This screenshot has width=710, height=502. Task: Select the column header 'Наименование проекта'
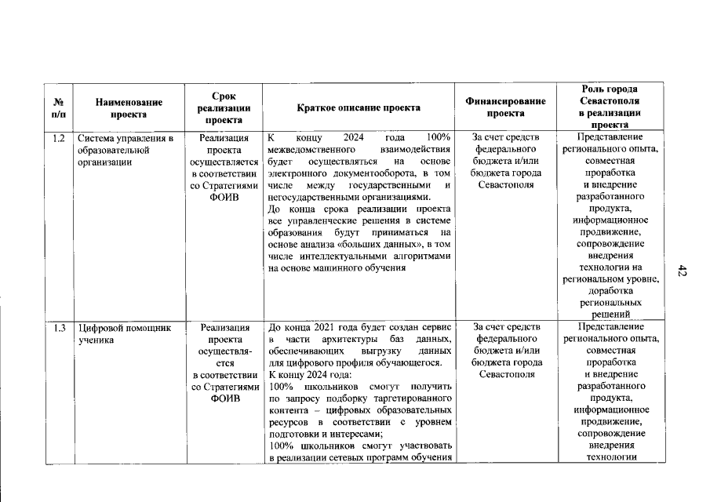[x=129, y=107]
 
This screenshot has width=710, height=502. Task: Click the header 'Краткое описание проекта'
[x=359, y=107]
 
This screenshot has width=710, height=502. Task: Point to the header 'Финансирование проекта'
[x=505, y=107]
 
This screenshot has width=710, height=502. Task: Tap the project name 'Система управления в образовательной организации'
[x=124, y=151]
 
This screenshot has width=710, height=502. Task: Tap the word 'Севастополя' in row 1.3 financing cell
[x=505, y=374]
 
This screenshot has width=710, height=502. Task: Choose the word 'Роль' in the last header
[x=593, y=89]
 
